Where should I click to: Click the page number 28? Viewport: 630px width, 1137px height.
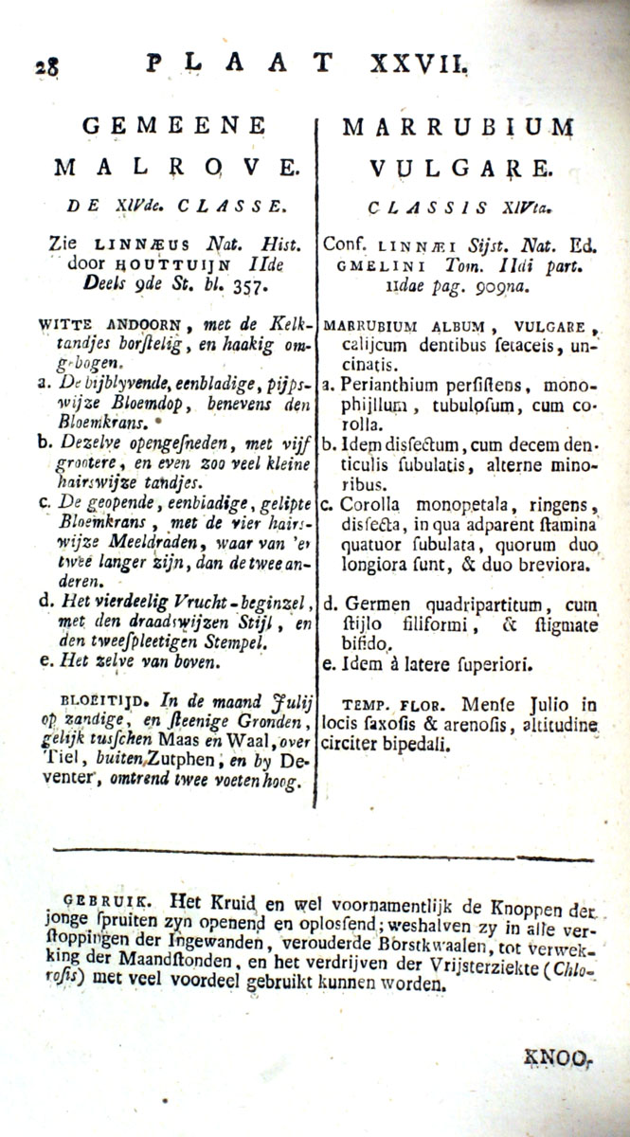point(45,67)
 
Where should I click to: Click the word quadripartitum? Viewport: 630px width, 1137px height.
point(482,604)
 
